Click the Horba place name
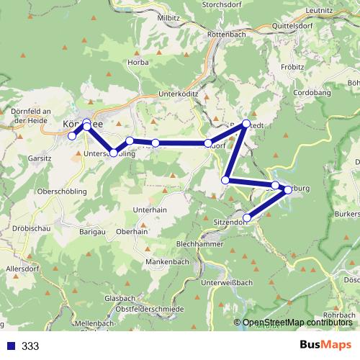point(137,62)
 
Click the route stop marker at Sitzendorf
point(247,217)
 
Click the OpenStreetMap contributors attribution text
point(297,323)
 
